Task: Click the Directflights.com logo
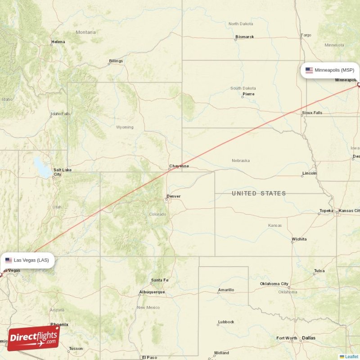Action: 33,338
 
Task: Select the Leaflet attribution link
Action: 351,356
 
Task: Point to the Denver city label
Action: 173,196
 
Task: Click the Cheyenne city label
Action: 179,166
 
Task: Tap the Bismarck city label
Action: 245,37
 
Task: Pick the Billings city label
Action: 116,61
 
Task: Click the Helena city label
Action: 58,42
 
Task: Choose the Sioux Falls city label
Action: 312,112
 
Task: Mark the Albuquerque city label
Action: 152,292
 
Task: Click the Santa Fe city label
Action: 160,280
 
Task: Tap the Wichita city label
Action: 299,239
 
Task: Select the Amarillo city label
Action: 226,290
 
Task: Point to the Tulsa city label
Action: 319,270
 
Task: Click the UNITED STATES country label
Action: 259,193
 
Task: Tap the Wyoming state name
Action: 125,127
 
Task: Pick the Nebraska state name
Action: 241,160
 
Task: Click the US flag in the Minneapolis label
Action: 309,70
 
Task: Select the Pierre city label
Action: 248,94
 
